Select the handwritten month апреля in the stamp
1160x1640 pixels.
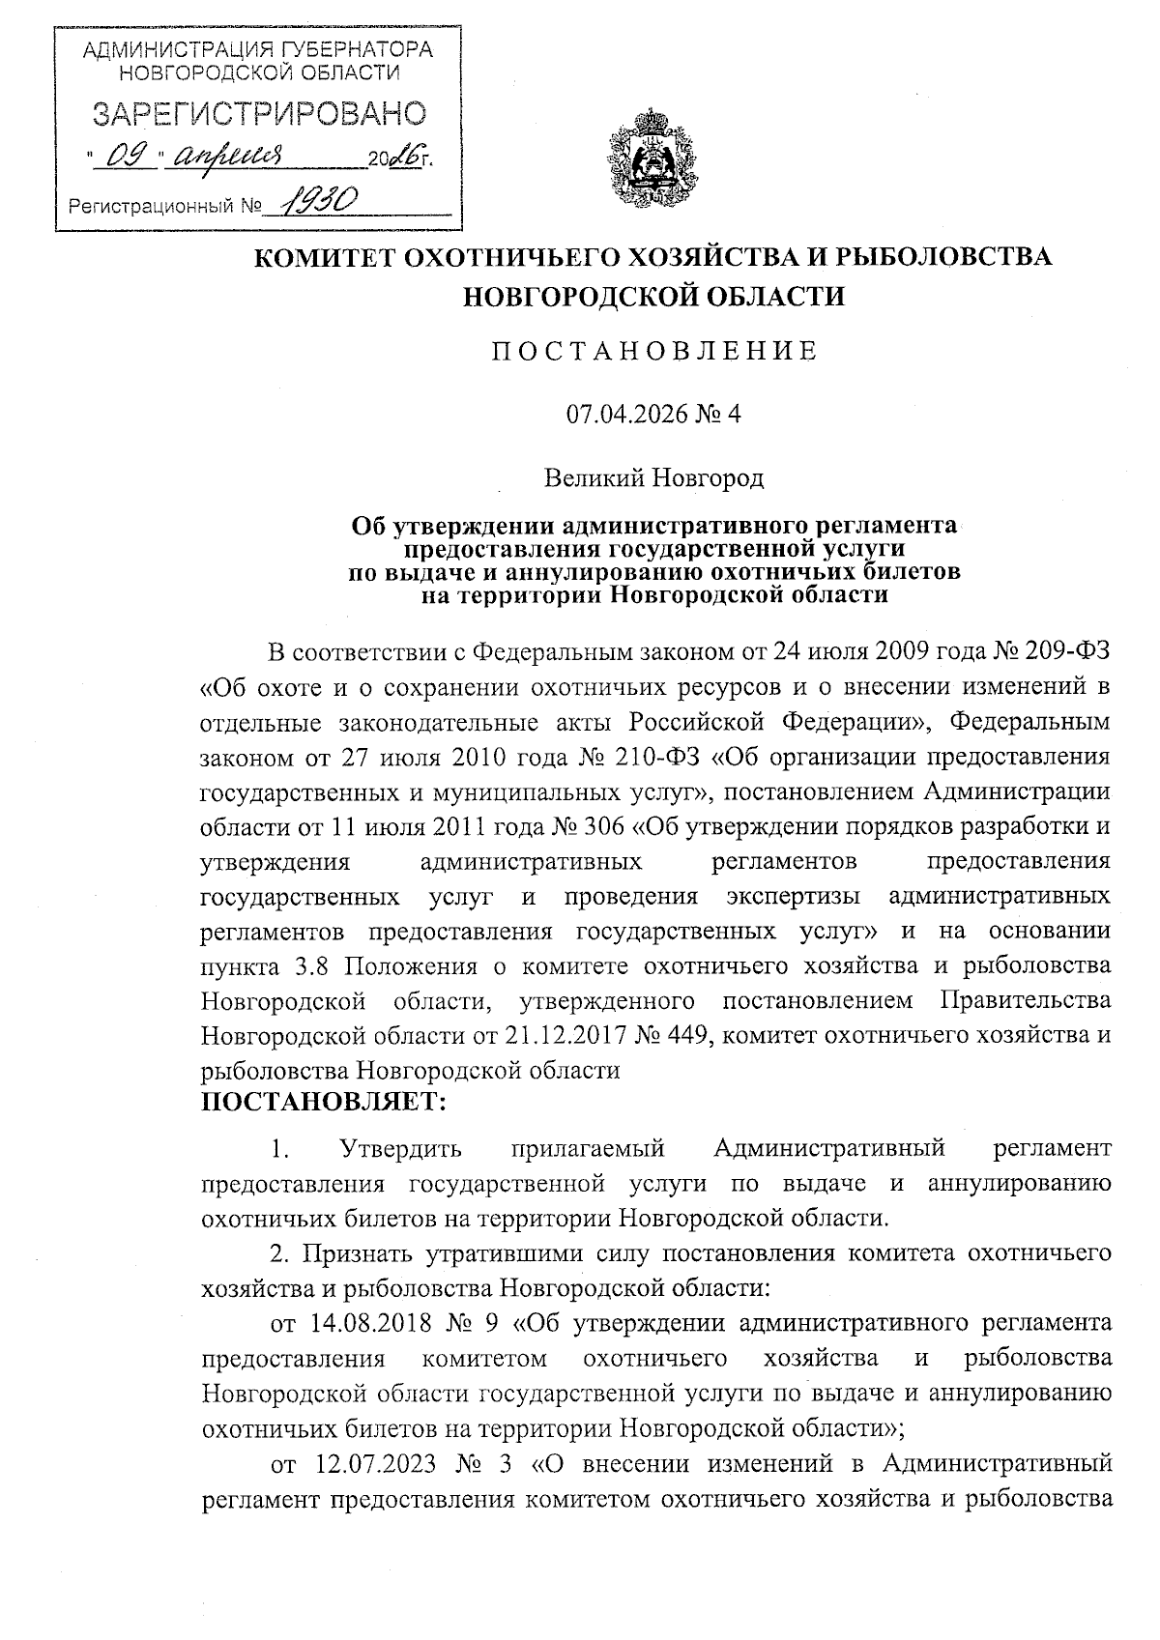pos(228,156)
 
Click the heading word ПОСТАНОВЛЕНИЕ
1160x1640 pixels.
pos(652,351)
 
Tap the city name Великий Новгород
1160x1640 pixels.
pos(652,477)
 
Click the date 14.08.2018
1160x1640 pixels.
pos(368,1323)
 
